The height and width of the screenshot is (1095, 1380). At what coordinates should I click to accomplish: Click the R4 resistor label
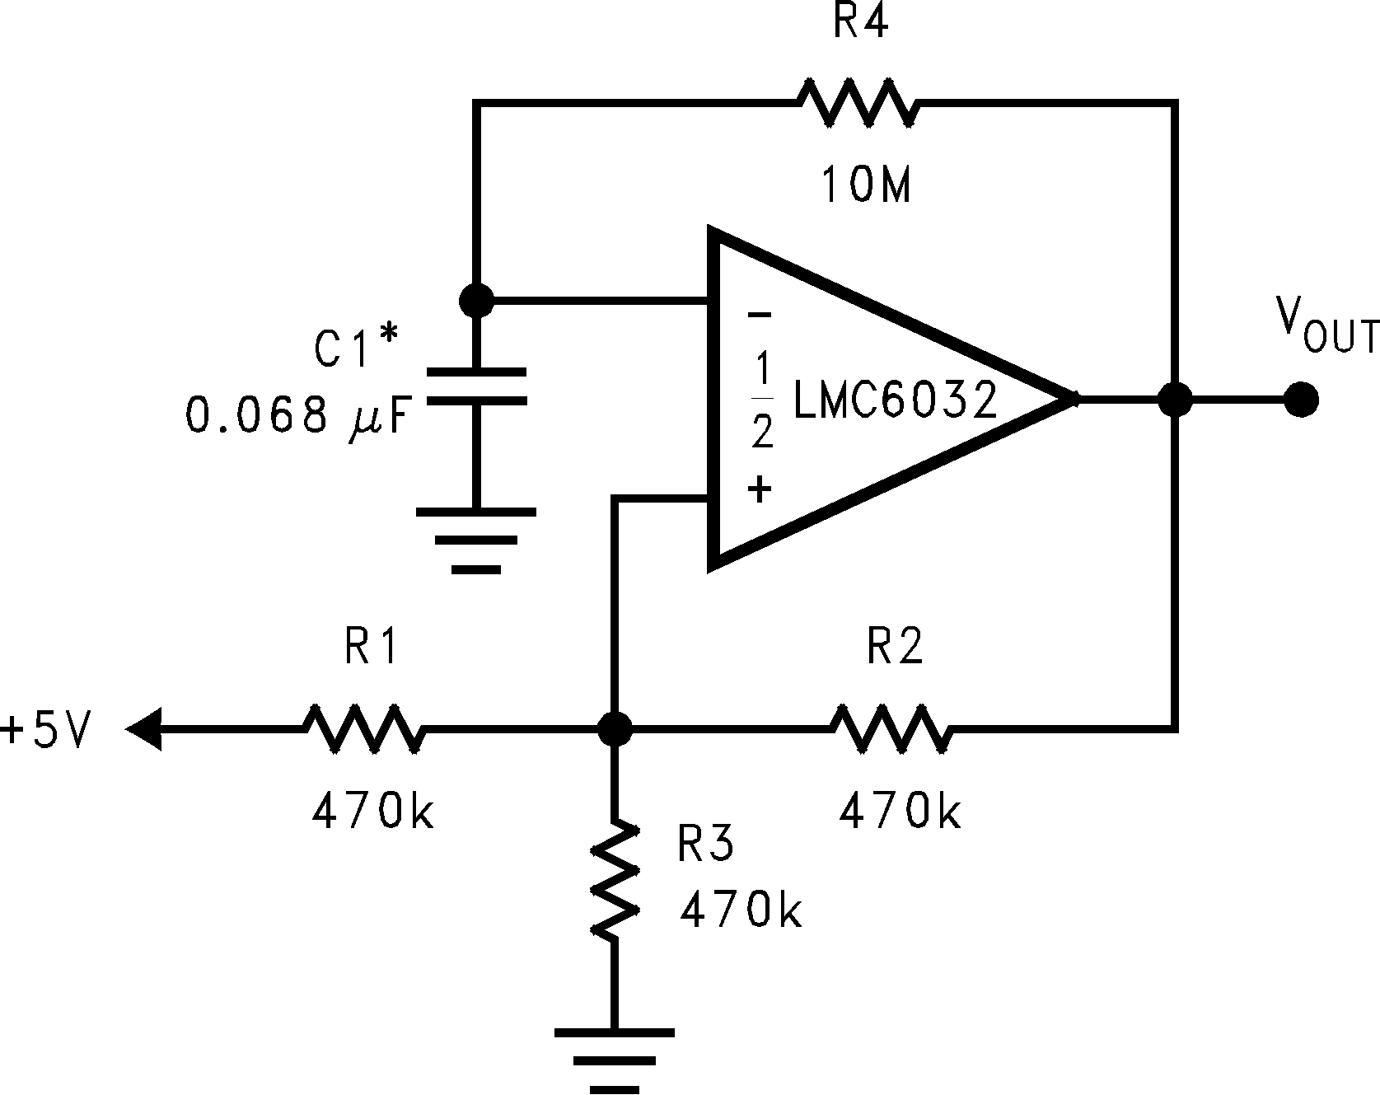pos(860,21)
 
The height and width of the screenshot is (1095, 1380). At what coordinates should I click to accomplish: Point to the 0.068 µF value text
pos(297,414)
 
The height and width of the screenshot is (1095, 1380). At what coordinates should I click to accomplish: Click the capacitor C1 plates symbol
pos(476,387)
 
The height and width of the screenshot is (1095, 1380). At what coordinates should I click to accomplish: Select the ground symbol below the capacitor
pos(476,540)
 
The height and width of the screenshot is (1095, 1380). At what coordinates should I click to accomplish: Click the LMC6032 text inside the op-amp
pos(895,400)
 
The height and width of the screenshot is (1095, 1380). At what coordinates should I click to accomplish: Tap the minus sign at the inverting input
pos(760,315)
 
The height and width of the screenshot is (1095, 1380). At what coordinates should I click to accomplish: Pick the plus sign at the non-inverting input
pos(760,491)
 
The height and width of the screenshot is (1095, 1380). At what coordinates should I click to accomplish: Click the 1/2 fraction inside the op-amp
pos(762,403)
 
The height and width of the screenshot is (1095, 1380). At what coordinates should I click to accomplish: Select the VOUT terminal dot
pos(1301,400)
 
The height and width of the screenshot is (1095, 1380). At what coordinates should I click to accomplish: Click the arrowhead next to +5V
pos(145,729)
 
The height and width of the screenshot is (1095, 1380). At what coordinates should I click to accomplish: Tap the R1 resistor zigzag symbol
pos(363,728)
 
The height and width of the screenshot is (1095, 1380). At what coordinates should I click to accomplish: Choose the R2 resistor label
pos(895,648)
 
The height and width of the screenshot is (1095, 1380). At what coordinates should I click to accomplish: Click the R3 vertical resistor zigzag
pos(615,878)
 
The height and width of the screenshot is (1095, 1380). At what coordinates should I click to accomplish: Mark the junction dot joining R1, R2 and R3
pos(615,728)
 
